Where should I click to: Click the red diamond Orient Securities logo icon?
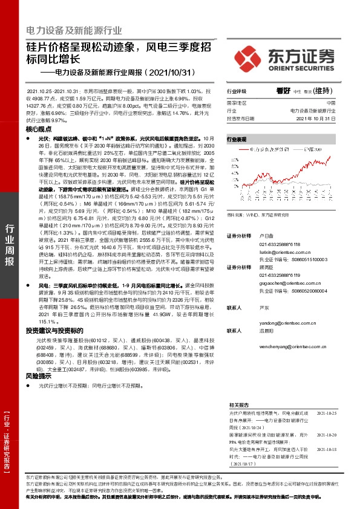click(249, 54)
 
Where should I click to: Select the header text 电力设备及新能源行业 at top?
click(74, 30)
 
